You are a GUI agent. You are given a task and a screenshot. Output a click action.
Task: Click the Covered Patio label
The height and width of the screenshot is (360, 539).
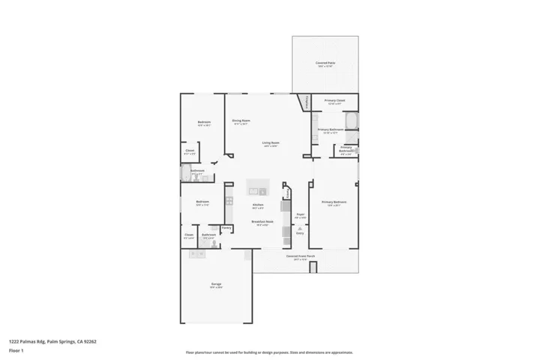click(325, 63)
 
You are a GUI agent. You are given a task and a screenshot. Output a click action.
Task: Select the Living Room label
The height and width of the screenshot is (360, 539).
click(271, 142)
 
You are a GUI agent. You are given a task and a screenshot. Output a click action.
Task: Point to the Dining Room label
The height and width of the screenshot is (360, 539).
click(241, 120)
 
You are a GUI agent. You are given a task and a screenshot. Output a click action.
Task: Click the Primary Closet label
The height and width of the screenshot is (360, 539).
click(334, 100)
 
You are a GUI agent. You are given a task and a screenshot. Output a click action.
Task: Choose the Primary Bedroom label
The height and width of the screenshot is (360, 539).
click(334, 202)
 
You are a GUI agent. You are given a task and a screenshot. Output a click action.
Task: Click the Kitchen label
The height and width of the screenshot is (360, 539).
click(257, 205)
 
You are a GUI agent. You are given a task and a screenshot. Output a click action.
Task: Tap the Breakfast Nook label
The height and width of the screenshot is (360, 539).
click(262, 221)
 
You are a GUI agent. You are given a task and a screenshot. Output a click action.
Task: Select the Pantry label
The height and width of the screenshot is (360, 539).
click(226, 227)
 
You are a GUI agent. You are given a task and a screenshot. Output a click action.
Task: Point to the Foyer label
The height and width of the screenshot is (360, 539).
click(300, 214)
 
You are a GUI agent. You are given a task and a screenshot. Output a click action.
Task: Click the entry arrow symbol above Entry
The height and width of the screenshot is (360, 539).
click(300, 228)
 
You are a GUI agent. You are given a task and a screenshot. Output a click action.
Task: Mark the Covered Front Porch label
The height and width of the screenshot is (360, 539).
click(301, 256)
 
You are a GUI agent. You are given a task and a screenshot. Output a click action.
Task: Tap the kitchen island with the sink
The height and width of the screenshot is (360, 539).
click(258, 187)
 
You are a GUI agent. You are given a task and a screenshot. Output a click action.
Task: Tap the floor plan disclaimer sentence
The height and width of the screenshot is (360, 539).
click(269, 352)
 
